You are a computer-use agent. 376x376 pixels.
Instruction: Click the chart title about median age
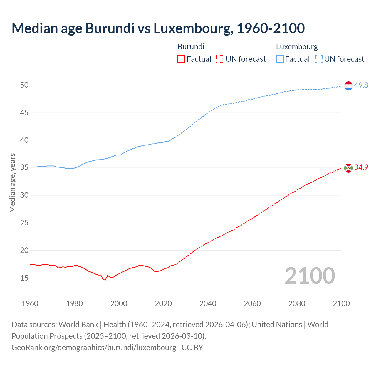[x=158, y=28]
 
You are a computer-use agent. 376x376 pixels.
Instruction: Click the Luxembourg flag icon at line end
[x=348, y=86]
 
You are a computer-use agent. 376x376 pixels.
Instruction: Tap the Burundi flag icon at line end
[x=348, y=168]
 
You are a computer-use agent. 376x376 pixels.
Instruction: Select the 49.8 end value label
[x=361, y=85]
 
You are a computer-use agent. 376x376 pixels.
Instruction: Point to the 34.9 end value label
[x=361, y=167]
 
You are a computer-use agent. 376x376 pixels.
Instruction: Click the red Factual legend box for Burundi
[x=181, y=59]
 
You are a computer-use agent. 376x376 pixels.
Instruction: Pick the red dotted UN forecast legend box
[x=220, y=59]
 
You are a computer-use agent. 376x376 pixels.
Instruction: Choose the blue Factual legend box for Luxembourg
[x=280, y=59]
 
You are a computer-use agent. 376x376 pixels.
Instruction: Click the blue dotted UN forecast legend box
[x=319, y=59]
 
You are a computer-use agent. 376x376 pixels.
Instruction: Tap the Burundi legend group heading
[x=191, y=47]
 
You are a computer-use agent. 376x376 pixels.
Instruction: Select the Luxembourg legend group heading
[x=297, y=47]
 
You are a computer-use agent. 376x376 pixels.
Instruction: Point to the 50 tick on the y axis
[x=24, y=85]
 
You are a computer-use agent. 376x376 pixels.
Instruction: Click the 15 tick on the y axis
[x=24, y=278]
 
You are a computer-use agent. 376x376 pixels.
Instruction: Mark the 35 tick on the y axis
[x=24, y=168]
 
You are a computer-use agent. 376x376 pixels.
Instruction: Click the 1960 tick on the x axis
[x=30, y=303]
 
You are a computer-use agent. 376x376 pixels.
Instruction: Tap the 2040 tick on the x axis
[x=208, y=303]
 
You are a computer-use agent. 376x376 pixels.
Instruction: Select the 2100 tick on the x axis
[x=341, y=303]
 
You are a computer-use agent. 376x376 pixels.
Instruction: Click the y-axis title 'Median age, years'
[x=12, y=183]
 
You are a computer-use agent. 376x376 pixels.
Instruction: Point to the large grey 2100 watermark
[x=310, y=276]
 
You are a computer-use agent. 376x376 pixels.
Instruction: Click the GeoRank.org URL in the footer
[x=94, y=348]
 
